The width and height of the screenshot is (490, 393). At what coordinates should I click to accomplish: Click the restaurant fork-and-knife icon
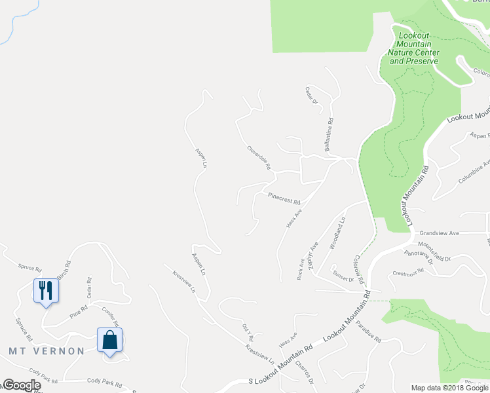click(x=45, y=290)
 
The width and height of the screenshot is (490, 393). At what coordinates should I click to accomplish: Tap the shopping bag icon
click(x=109, y=340)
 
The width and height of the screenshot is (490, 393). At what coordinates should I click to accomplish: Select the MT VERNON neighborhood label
click(x=47, y=351)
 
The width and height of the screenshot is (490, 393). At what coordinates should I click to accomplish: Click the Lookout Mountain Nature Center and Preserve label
click(x=413, y=47)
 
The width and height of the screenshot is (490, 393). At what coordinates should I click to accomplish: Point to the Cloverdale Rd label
click(x=259, y=157)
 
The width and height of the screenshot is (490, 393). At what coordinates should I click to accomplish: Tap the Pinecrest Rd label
click(x=282, y=197)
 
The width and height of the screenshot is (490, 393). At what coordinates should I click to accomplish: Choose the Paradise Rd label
click(x=369, y=335)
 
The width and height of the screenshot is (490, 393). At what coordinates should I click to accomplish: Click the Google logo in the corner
click(x=21, y=385)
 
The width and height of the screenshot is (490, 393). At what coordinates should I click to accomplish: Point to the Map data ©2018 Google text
click(x=449, y=388)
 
